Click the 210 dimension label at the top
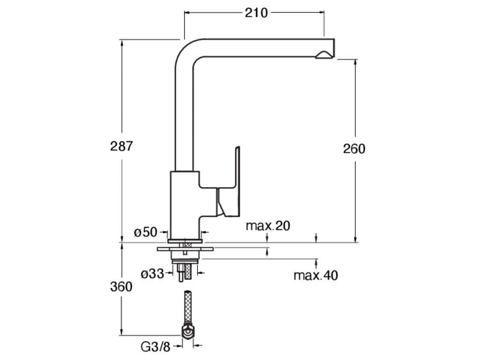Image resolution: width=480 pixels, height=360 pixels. point(256,13)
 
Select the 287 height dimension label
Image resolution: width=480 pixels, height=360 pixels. point(121,146)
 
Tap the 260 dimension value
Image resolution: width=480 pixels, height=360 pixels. point(354,149)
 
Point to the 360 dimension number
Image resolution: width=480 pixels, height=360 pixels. point(121,287)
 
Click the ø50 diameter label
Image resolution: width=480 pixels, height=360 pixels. point(145,232)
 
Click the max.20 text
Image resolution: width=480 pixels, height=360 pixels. point(268,226)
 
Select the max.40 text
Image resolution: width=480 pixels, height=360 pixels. point(315,275)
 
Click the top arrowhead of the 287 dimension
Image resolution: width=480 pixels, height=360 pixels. point(121,42)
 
